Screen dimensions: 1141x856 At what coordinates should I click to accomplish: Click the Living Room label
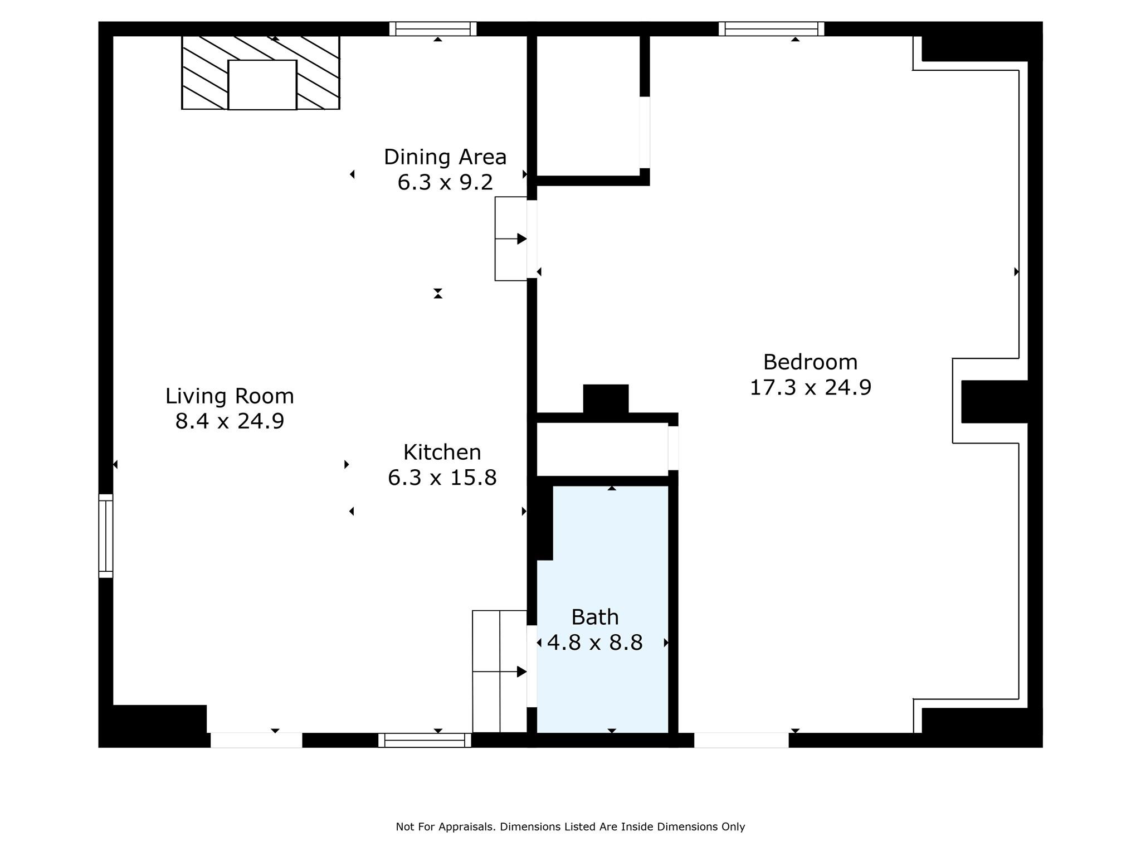coord(230,396)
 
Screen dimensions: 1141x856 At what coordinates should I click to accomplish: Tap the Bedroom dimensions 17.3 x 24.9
coord(810,387)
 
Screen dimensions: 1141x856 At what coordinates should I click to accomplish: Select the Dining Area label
coord(445,157)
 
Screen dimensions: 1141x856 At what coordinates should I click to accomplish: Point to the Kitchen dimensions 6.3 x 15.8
coord(442,478)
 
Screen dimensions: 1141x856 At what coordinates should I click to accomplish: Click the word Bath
coord(595,617)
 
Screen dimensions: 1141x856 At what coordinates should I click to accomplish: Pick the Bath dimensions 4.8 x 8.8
coord(595,643)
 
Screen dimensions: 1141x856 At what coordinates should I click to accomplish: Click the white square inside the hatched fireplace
coord(262,85)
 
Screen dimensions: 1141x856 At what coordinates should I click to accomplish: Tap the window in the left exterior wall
coord(106,536)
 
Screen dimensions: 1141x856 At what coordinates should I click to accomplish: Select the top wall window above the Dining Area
coord(433,28)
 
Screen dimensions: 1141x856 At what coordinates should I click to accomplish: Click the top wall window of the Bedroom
coord(772,28)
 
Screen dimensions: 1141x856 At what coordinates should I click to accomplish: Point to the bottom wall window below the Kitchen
coord(425,740)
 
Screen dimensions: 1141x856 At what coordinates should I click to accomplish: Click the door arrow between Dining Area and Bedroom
coord(511,239)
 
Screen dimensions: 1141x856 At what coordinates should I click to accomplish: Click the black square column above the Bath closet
coord(606,399)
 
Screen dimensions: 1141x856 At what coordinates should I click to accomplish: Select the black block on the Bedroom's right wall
coord(994,402)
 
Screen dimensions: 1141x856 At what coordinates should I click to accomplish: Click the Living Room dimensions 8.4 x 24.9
coord(230,421)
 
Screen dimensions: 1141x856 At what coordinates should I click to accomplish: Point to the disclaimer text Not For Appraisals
coord(445,827)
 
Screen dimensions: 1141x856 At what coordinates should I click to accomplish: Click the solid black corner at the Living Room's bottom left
coord(153,726)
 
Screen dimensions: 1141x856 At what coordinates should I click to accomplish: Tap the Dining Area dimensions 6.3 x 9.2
coord(445,182)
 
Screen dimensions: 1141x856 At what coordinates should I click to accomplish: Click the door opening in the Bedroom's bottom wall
coord(742,740)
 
